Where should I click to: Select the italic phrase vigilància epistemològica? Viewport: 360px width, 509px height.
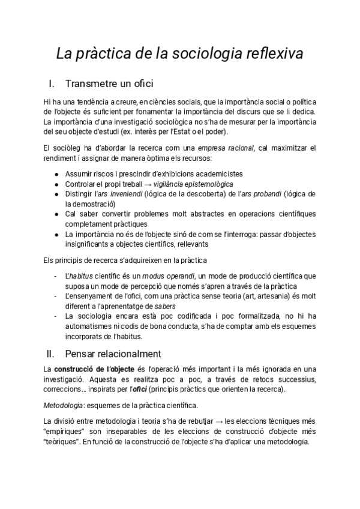pyautogui.click(x=194, y=184)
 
